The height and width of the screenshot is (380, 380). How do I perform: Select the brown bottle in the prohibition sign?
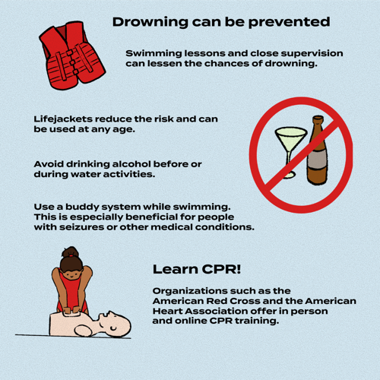pyautogui.click(x=317, y=152)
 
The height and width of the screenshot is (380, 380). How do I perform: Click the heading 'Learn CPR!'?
pyautogui.click(x=197, y=270)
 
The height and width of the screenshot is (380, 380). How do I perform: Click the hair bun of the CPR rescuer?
pyautogui.click(x=70, y=251)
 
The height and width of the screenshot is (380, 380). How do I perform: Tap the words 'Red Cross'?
pyautogui.click(x=230, y=301)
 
